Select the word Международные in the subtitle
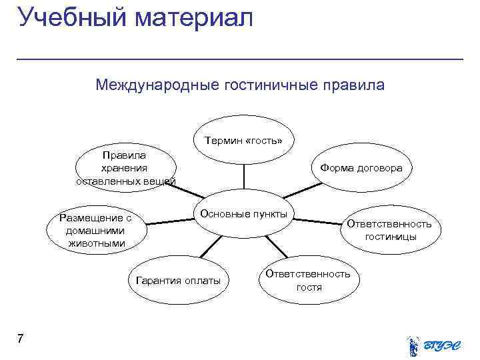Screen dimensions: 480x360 click(x=157, y=85)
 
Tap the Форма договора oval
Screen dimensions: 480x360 click(x=361, y=168)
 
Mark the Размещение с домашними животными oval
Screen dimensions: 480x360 click(x=95, y=230)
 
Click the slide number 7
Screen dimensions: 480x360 click(x=21, y=339)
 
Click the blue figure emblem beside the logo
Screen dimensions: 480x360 click(x=413, y=344)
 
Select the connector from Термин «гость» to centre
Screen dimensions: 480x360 click(x=243, y=177)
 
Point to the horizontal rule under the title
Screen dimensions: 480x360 click(x=240, y=59)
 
